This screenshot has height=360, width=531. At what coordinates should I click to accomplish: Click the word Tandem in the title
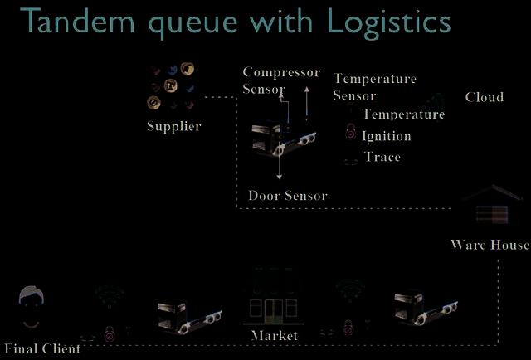click(x=78, y=20)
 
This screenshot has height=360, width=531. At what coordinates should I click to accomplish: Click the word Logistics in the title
click(x=389, y=22)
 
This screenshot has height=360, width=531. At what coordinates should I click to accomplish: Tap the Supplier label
click(x=174, y=127)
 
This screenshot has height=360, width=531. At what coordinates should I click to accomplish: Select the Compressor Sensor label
click(x=281, y=80)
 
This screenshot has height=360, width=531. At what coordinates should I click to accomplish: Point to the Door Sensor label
click(x=288, y=196)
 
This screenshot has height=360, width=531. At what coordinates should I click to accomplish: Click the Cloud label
click(x=485, y=97)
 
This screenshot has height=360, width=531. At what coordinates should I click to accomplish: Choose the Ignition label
click(x=387, y=136)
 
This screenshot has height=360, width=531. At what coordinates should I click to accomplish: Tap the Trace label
click(x=382, y=157)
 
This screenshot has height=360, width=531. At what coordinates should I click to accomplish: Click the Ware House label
click(x=490, y=245)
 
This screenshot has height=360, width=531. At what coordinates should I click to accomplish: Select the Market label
click(x=275, y=336)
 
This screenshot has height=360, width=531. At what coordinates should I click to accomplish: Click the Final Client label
click(x=42, y=348)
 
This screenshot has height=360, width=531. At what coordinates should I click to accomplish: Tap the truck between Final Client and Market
click(x=189, y=316)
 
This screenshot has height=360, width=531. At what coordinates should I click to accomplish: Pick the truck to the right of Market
click(x=426, y=308)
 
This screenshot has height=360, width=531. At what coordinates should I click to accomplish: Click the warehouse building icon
click(x=492, y=205)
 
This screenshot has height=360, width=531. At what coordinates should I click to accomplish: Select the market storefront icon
click(x=274, y=296)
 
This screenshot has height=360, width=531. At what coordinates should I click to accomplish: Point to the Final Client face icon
click(x=32, y=307)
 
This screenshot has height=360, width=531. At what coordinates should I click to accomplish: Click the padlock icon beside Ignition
click(x=350, y=131)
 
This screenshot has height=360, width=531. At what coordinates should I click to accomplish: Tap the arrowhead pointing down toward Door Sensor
click(x=279, y=177)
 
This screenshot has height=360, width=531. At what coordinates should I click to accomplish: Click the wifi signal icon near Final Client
click(x=109, y=296)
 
